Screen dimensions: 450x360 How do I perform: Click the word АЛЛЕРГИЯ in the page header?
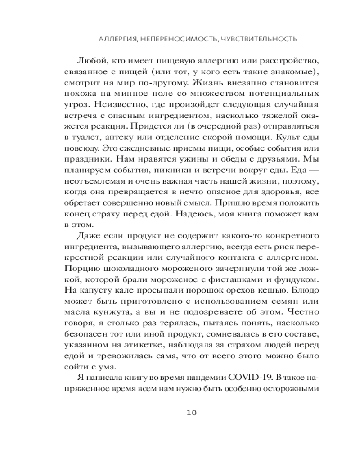pos(118,39)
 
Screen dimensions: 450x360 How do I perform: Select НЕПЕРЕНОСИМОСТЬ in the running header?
pos(174,39)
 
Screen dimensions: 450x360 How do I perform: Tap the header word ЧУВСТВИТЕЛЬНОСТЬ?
pos(254,39)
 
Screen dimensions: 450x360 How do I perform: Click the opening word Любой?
pos(89,60)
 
